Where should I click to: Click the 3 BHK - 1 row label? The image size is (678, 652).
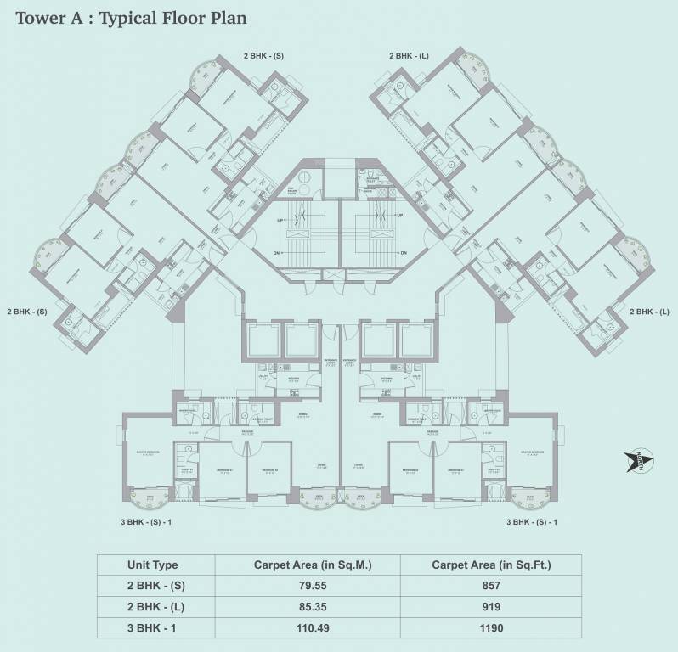[x=155, y=627]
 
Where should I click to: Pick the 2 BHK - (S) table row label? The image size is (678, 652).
[x=155, y=586]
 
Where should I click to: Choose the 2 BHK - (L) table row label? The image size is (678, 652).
[x=155, y=606]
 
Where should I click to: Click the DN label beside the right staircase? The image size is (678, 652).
[x=403, y=252]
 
